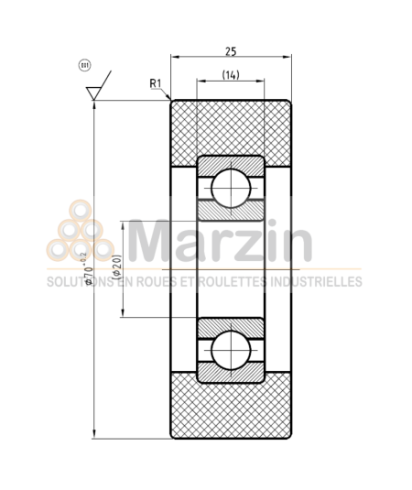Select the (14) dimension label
point(231,75)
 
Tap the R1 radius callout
point(157,84)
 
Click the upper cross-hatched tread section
point(231,128)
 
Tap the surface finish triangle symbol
point(93,93)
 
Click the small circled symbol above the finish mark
point(84,65)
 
